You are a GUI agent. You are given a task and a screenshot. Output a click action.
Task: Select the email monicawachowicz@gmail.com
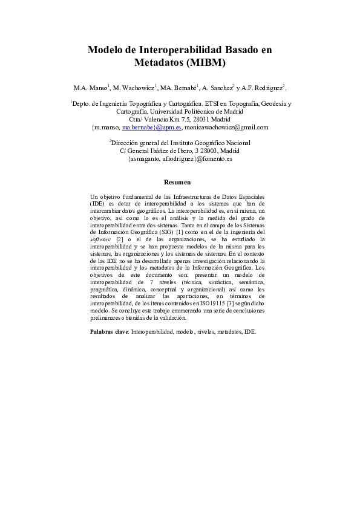pos(229,128)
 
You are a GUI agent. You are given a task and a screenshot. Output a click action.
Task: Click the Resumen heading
pos(178,182)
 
